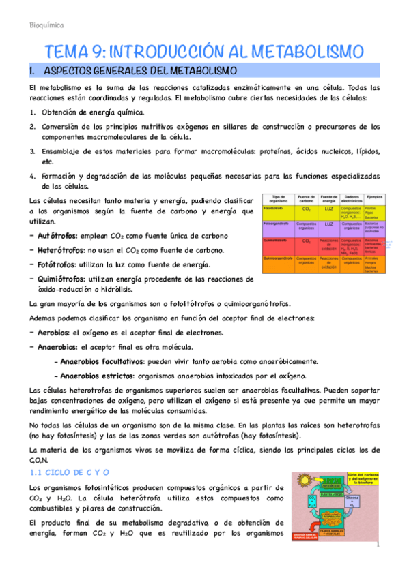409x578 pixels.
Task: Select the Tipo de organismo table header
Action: click(x=278, y=200)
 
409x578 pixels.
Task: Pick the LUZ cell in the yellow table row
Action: click(x=328, y=208)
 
